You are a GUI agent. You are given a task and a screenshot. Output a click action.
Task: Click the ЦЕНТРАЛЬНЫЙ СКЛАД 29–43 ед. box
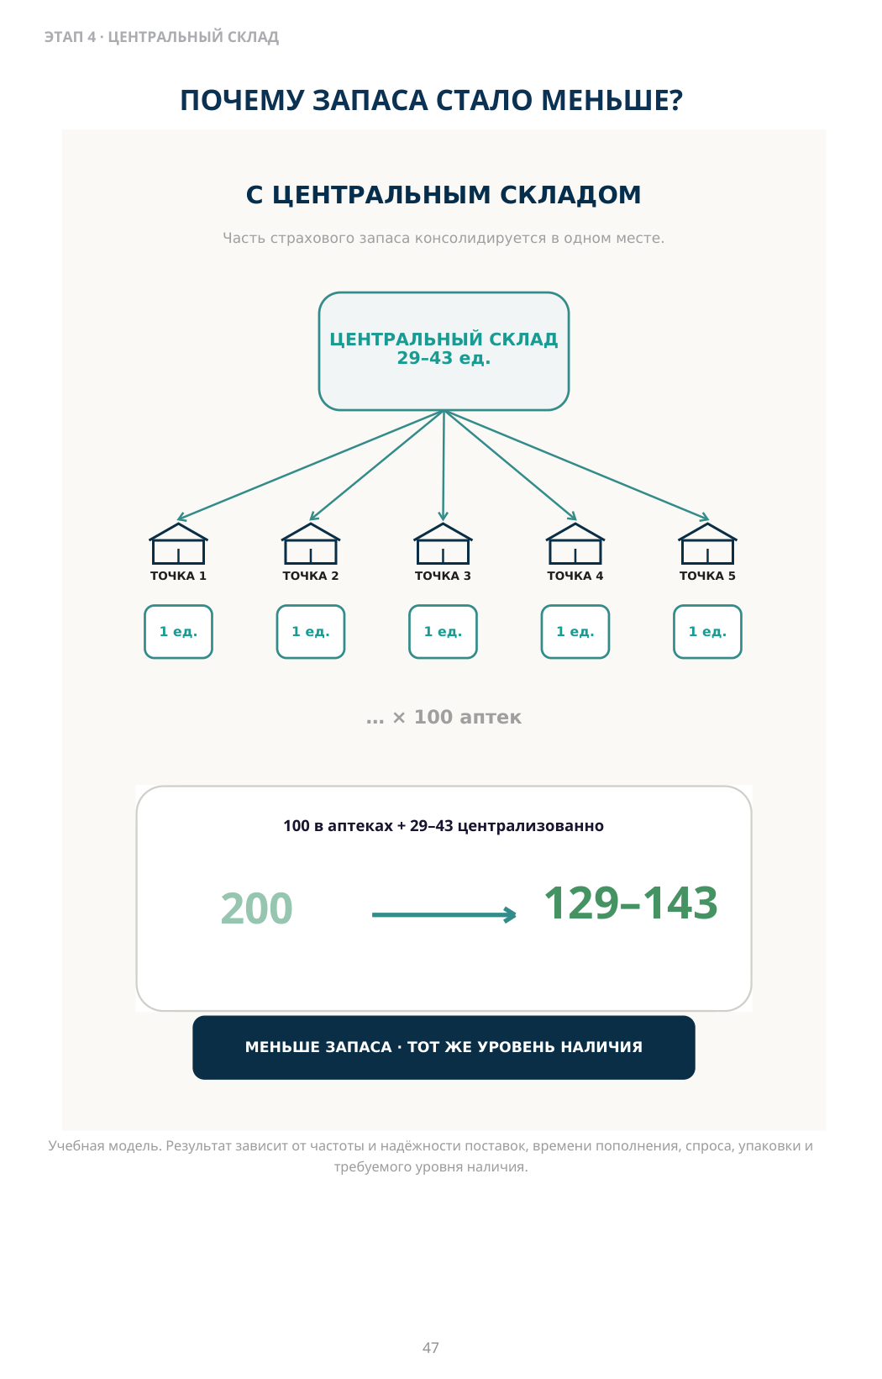click(x=444, y=351)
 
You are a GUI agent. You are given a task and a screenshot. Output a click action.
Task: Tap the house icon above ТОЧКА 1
click(x=178, y=544)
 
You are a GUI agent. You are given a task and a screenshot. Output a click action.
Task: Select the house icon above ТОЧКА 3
click(x=443, y=544)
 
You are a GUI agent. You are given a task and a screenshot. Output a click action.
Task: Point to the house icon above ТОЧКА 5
click(x=707, y=544)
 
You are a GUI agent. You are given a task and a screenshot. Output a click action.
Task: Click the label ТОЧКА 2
click(x=310, y=576)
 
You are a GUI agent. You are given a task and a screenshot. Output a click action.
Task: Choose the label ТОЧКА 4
click(x=575, y=576)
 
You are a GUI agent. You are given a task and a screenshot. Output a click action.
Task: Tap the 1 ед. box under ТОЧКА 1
click(x=178, y=632)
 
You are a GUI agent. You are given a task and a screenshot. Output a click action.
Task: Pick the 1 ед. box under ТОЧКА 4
click(x=575, y=632)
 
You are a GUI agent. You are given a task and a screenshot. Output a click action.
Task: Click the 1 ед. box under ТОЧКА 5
click(x=707, y=632)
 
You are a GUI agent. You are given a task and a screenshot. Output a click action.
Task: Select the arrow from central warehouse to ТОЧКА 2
click(x=376, y=466)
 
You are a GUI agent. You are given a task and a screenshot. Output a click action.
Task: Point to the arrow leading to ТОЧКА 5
click(x=576, y=466)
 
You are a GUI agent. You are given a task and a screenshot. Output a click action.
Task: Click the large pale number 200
click(x=256, y=908)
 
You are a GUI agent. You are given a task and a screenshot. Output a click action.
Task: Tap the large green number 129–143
click(x=631, y=903)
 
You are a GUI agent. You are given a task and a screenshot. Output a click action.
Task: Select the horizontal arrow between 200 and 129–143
click(x=444, y=915)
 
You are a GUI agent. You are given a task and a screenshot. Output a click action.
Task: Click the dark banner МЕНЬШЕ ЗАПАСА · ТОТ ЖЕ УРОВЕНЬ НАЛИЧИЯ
click(x=444, y=1047)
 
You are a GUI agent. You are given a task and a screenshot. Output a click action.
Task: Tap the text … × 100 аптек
click(x=444, y=717)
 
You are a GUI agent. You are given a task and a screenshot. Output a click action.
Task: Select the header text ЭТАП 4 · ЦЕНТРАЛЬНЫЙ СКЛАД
click(x=161, y=37)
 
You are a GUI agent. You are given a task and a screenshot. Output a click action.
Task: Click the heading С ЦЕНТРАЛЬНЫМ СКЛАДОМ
click(x=444, y=194)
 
